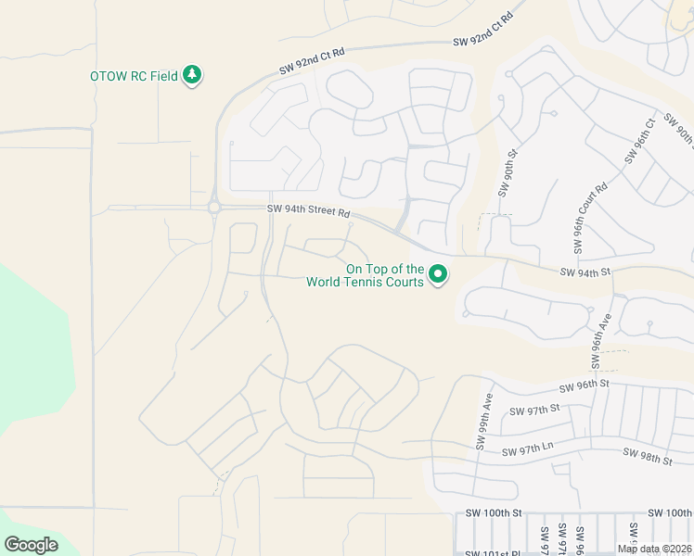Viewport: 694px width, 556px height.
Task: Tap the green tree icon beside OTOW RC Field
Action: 192,74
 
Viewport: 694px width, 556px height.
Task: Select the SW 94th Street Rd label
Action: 309,212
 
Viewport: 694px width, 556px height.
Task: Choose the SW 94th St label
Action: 585,272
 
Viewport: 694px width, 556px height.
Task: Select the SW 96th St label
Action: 583,385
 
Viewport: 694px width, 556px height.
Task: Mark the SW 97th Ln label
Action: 527,450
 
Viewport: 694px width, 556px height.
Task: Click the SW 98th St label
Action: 647,456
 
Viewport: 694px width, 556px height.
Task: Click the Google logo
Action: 31,545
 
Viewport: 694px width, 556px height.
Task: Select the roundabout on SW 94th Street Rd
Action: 214,208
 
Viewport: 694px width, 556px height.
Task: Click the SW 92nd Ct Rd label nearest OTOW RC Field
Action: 312,63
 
